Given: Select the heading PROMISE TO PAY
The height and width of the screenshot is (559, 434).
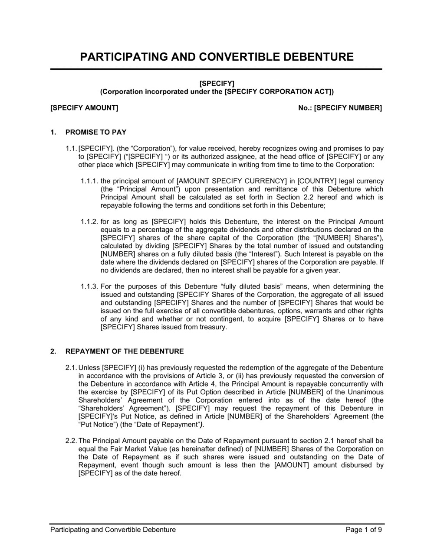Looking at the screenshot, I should pyautogui.click(x=96, y=132).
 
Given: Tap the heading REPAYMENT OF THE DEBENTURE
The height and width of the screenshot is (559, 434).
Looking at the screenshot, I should pyautogui.click(x=124, y=351).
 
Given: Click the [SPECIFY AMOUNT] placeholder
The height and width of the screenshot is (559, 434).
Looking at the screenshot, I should pyautogui.click(x=84, y=107).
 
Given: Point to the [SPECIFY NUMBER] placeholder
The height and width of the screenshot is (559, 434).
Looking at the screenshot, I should pyautogui.click(x=348, y=107).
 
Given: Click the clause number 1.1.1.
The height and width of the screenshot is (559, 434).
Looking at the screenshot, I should pyautogui.click(x=89, y=181).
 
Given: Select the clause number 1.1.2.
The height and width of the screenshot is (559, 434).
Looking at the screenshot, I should pyautogui.click(x=89, y=221).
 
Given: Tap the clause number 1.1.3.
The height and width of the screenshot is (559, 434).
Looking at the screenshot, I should pyautogui.click(x=89, y=286).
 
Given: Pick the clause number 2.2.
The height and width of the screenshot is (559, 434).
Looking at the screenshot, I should pyautogui.click(x=71, y=441).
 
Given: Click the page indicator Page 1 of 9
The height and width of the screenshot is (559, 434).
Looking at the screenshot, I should pyautogui.click(x=364, y=530).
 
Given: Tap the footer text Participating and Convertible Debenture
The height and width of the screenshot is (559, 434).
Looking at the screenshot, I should pyautogui.click(x=113, y=530).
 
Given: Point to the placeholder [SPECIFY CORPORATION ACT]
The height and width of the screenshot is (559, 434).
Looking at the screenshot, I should pyautogui.click(x=278, y=91).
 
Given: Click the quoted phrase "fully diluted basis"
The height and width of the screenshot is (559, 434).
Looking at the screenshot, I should pyautogui.click(x=258, y=286).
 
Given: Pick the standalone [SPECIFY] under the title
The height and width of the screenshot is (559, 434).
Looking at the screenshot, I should pyautogui.click(x=217, y=83).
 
